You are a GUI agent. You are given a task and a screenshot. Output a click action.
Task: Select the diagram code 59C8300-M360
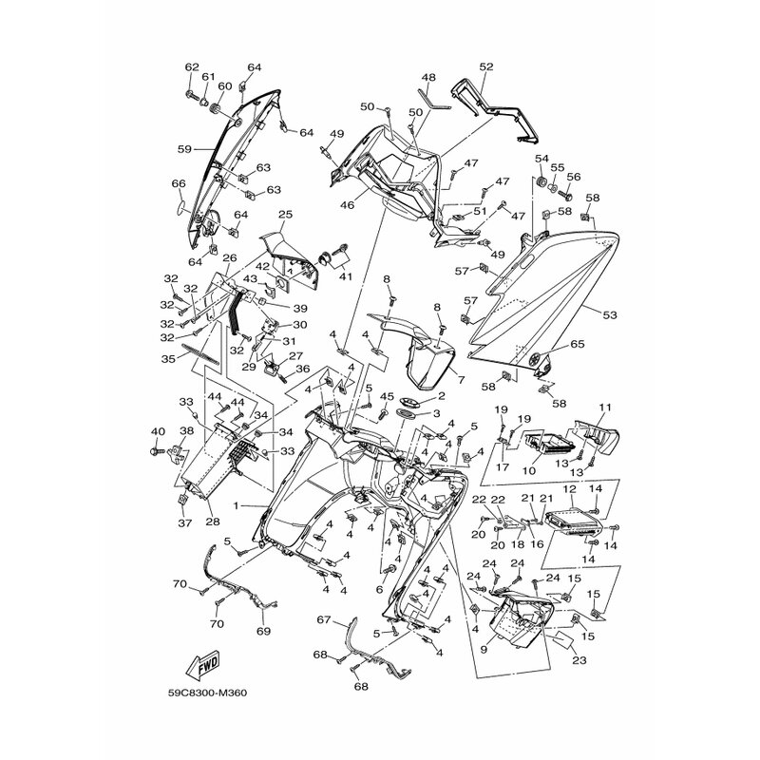[207, 693]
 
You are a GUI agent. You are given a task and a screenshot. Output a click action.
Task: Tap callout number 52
[486, 66]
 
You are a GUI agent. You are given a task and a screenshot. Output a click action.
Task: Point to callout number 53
[609, 315]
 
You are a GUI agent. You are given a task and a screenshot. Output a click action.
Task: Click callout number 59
[184, 149]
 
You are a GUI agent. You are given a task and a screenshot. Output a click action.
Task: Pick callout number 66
[179, 183]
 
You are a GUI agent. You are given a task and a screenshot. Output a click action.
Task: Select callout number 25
[286, 215]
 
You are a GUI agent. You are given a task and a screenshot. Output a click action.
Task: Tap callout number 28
[212, 522]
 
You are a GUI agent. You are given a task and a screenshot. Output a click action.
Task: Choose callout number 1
[236, 506]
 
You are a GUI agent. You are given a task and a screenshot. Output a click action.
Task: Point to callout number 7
[461, 379]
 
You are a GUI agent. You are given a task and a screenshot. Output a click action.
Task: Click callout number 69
[263, 631]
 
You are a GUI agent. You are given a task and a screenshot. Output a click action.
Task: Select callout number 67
[324, 620]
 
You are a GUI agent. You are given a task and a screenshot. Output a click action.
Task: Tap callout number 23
[579, 660]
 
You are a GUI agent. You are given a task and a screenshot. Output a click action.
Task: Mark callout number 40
[158, 432]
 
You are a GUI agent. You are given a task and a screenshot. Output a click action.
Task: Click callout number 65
[578, 344]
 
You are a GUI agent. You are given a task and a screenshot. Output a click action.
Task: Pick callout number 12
[569, 489]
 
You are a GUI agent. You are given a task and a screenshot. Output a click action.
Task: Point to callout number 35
[168, 360]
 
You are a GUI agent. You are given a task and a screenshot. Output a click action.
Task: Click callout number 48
[428, 78]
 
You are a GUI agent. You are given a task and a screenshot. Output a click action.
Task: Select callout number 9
[484, 650]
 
